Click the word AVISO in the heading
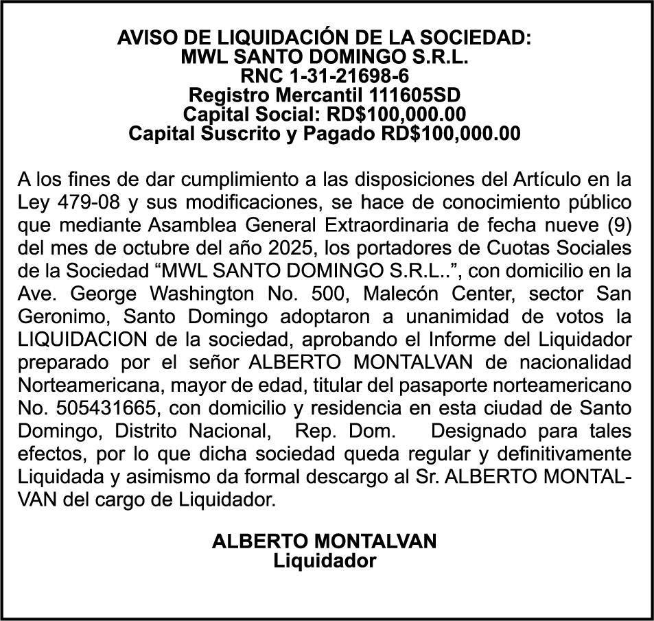[x=141, y=38]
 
